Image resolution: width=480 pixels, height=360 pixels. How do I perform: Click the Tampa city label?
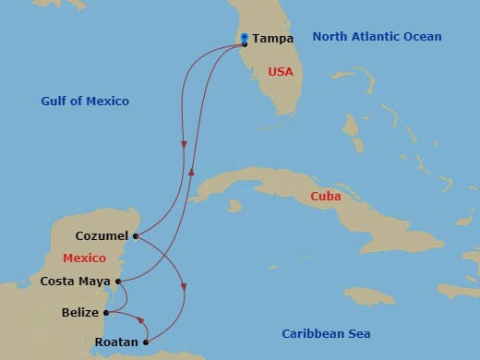272,39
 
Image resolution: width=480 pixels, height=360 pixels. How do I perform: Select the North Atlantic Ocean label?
377,37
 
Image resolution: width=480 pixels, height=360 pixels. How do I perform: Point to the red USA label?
281,71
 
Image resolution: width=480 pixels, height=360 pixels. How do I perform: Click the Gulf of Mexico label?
85,101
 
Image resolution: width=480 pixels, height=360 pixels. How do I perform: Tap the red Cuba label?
326,197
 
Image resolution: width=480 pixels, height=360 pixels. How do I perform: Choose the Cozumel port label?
102,236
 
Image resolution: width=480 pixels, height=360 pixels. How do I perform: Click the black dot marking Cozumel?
136,236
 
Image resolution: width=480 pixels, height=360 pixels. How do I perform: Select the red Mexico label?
84,258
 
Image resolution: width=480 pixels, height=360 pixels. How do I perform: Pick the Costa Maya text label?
76,281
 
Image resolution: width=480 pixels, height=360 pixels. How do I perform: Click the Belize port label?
81,313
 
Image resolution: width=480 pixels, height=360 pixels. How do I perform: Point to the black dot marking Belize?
108,313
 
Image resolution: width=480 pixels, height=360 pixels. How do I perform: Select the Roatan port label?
117,342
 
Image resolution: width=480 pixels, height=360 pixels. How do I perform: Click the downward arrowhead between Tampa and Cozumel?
185,145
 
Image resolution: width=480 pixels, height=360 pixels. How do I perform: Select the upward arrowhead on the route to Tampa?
191,170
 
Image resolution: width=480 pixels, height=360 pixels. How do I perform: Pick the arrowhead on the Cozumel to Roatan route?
185,287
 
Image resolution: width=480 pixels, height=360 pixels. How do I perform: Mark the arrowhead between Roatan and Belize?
141,321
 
